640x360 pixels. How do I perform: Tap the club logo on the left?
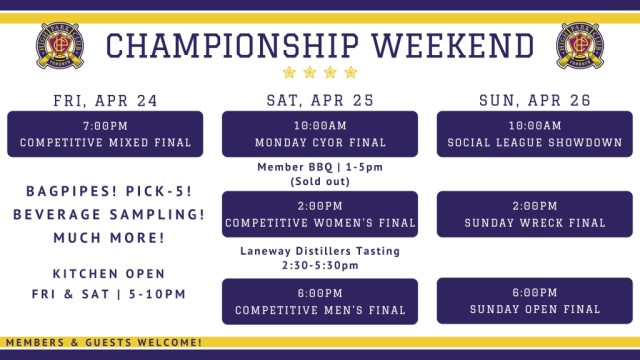tap(60, 45)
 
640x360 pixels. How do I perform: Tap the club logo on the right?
tap(580, 45)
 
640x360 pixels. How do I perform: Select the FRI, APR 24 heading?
tap(105, 100)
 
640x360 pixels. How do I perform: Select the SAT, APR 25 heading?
tap(319, 100)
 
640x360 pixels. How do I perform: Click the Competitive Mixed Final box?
tap(105, 134)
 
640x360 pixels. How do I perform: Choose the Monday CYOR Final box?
tap(320, 134)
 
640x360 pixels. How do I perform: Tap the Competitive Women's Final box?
tap(320, 214)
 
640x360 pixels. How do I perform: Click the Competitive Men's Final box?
tap(320, 301)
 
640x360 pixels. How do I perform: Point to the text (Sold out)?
tap(320, 182)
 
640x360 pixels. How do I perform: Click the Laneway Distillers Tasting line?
tap(320, 251)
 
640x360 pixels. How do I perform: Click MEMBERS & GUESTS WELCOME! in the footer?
tap(102, 343)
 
